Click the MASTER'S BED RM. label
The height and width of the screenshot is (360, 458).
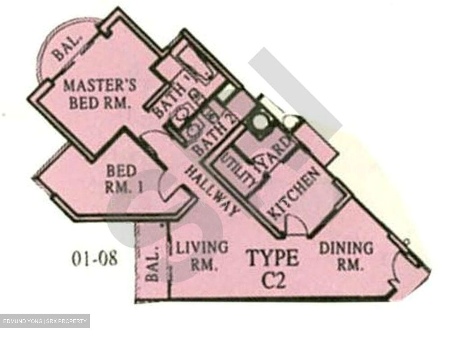pos(100,94)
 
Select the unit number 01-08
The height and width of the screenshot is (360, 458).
pos(94,259)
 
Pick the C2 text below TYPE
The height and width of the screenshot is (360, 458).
pos(273,280)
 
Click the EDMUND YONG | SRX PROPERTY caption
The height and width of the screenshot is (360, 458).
pos(45,321)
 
